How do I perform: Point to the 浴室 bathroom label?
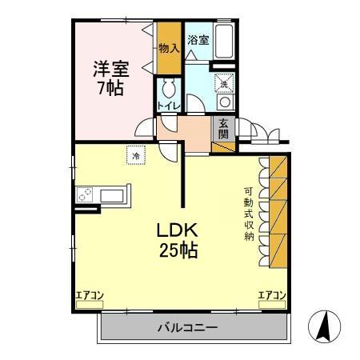pyautogui.click(x=198, y=39)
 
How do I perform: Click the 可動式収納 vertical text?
pyautogui.click(x=250, y=214)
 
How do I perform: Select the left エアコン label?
pyautogui.click(x=90, y=296)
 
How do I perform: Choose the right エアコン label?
pyautogui.click(x=272, y=296)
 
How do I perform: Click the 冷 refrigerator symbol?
pyautogui.click(x=136, y=156)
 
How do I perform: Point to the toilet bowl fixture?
pyautogui.click(x=169, y=89)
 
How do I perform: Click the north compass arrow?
pyautogui.click(x=326, y=326)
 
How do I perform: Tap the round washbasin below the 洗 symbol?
pyautogui.click(x=225, y=102)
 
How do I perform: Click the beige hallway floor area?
pyautogui.click(x=192, y=130)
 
